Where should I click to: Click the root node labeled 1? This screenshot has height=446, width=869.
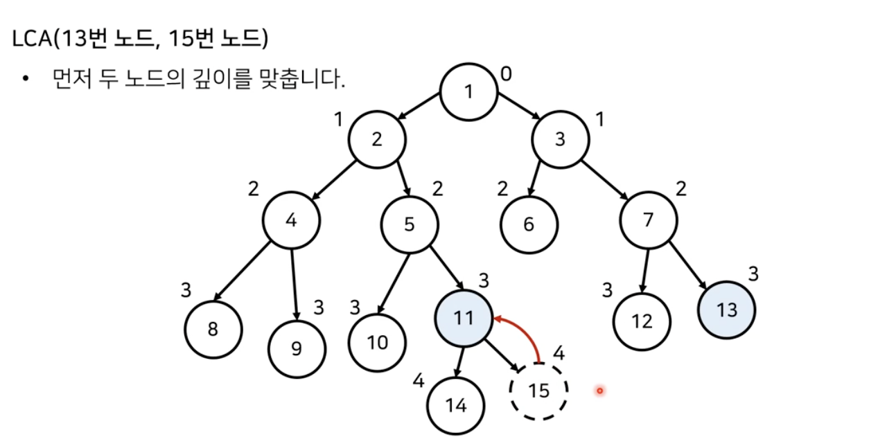click(469, 91)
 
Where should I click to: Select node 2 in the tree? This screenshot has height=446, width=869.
click(377, 139)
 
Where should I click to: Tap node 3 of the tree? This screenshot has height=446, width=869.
click(561, 139)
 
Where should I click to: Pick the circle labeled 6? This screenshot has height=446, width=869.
click(529, 224)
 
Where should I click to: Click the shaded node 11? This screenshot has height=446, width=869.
click(463, 318)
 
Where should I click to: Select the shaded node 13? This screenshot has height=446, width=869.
click(727, 310)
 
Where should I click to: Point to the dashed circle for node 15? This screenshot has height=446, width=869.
click(538, 391)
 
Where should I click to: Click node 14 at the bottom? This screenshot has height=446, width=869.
click(456, 406)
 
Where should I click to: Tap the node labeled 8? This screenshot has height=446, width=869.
click(213, 328)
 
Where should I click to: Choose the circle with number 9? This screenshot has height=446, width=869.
click(297, 348)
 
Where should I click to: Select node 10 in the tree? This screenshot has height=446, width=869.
click(377, 343)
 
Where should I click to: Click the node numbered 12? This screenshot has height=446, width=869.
click(642, 321)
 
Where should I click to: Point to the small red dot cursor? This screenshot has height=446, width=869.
click(599, 391)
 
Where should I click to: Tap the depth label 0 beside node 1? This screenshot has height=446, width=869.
click(507, 73)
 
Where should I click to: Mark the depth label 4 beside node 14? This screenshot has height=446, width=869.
click(418, 380)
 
